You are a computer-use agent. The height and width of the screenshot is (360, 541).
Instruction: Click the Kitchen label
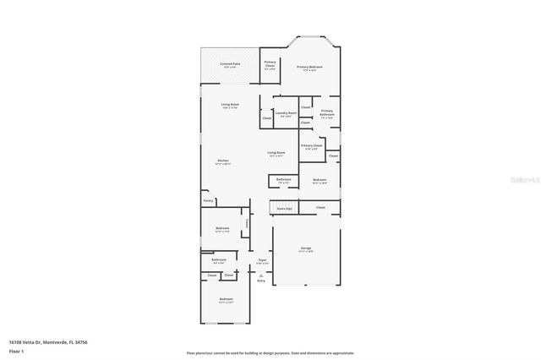(223, 161)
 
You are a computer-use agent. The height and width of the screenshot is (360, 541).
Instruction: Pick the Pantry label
(208, 201)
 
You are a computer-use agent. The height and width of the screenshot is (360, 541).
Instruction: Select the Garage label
(305, 248)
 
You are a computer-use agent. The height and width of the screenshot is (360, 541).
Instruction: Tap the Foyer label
(263, 260)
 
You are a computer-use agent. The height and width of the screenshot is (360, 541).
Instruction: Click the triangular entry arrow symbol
(260, 274)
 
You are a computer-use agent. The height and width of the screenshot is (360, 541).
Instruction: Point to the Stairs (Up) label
(283, 208)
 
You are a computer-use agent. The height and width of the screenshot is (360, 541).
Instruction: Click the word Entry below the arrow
(260, 280)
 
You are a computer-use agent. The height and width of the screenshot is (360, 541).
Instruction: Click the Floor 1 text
(17, 351)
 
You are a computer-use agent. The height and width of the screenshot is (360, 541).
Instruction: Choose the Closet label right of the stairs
(320, 207)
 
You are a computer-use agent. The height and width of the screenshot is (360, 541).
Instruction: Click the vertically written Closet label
(246, 224)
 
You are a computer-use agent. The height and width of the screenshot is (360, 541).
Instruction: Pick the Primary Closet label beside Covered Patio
(270, 63)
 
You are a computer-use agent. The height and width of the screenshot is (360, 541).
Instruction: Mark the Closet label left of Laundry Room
(266, 118)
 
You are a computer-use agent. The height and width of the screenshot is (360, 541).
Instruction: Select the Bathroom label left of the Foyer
(218, 260)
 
